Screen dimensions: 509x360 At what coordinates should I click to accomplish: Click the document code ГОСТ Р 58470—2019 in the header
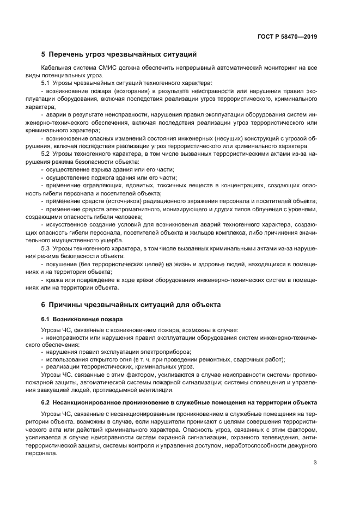click(x=287, y=36)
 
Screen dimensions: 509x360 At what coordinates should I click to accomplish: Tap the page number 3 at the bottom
click(x=315, y=463)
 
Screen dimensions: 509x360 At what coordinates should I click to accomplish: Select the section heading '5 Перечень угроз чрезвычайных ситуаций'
click(x=119, y=54)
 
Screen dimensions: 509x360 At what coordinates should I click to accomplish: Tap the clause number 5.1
click(x=46, y=82)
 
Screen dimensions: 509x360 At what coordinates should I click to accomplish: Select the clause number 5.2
click(x=46, y=154)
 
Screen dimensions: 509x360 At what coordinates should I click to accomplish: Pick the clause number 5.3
click(x=46, y=248)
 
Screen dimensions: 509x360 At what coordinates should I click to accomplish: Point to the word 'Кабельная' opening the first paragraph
click(x=55, y=68)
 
